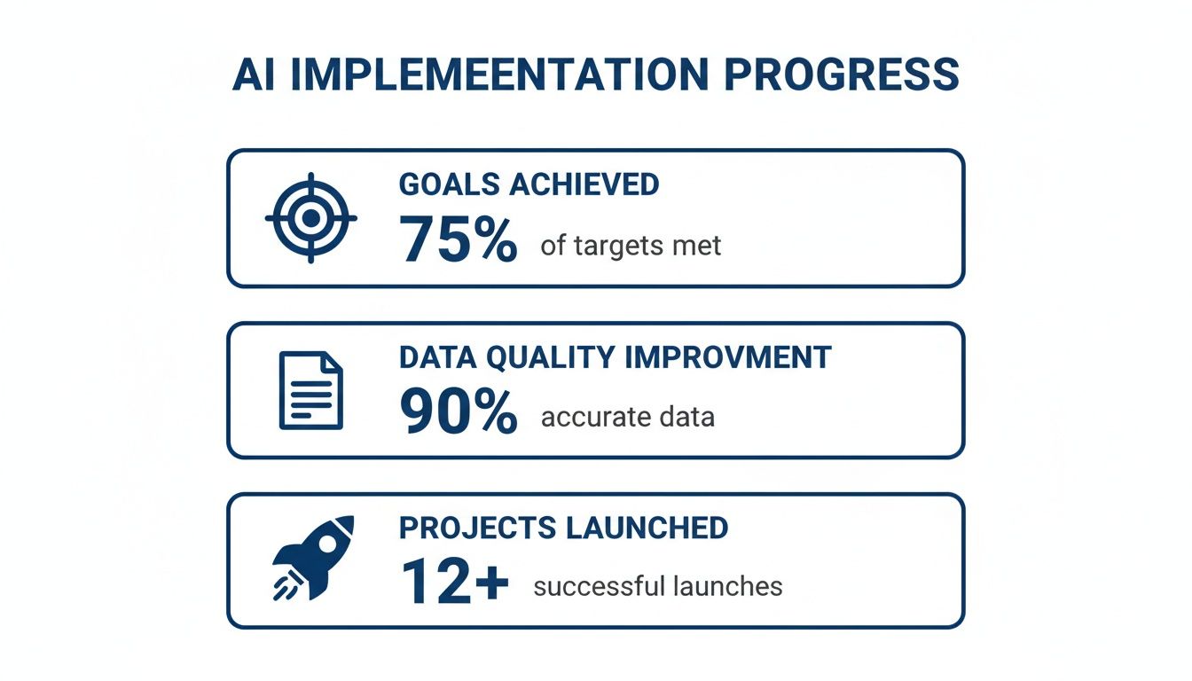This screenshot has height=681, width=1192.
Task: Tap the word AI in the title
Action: tap(255, 75)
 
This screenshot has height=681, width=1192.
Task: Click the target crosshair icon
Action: tap(310, 218)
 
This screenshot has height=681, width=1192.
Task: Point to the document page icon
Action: tap(310, 390)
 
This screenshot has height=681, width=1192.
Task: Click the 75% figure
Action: tap(458, 240)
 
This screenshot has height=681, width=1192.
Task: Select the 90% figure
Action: tap(458, 412)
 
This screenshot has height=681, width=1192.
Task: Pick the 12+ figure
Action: tap(454, 582)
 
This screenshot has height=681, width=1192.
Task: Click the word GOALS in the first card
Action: tap(450, 184)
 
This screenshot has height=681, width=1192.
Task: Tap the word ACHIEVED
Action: tap(584, 184)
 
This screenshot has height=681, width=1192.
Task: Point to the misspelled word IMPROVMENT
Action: tap(729, 356)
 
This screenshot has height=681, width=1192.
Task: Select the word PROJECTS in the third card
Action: tap(476, 528)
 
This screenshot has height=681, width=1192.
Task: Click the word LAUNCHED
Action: tap(647, 528)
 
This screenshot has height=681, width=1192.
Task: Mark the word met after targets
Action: tap(700, 246)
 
